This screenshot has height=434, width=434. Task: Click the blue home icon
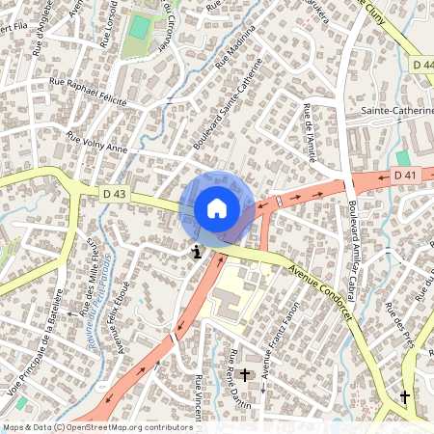[x=217, y=208]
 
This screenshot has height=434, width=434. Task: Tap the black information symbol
[x=197, y=252]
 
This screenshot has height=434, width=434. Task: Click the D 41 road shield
[x=404, y=175]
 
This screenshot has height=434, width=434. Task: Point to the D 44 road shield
[x=421, y=64]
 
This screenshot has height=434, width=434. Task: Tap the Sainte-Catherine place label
[x=396, y=111]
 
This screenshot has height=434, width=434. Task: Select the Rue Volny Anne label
[x=96, y=143]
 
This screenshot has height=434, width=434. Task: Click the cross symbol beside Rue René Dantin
[x=244, y=373]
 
